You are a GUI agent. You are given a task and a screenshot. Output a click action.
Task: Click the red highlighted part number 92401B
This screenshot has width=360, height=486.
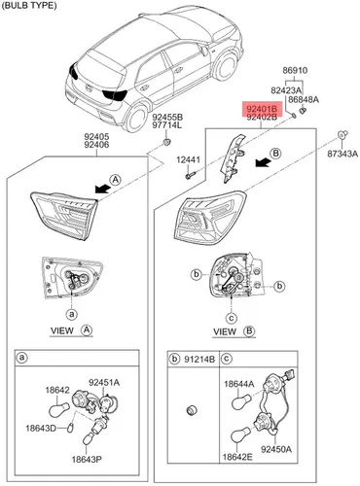coord(262,108)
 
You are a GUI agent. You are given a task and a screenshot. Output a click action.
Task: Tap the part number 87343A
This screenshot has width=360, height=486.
coord(342,154)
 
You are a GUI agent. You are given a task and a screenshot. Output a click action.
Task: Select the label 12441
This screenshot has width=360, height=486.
coord(189,159)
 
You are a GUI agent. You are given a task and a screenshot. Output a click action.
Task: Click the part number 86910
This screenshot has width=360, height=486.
coord(295,70)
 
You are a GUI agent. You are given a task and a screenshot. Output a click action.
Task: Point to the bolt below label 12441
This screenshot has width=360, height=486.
coord(191,175)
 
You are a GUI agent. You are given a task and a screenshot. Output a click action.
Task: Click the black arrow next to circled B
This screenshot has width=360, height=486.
coord(264,162)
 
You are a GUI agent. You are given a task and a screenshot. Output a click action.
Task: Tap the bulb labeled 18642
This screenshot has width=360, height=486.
coord(59,409)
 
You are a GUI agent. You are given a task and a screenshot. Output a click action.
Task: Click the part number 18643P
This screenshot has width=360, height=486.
coord(87,460)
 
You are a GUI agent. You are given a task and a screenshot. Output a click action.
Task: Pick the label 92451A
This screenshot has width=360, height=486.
coord(104,383)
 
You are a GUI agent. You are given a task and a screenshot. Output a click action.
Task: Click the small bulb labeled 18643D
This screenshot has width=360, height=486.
coord(70,428)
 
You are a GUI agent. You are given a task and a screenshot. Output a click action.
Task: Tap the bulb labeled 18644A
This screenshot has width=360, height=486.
coord(241,401)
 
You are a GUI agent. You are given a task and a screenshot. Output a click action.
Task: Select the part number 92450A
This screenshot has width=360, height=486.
coord(276,449)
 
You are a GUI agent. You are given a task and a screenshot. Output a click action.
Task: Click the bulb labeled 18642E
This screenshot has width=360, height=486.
coord(241,434)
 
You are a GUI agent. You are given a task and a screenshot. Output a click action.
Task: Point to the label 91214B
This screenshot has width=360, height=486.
coord(199,360)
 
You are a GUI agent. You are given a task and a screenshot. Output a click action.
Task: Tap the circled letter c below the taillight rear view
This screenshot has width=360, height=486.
coord(231,319)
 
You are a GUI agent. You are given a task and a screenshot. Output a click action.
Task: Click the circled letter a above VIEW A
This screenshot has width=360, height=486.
coord(72,314)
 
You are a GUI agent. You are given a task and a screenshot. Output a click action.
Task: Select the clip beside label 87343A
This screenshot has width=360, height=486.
coord(342,134)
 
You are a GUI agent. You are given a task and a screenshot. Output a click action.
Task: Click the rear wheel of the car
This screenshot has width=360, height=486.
coord(137,118)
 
